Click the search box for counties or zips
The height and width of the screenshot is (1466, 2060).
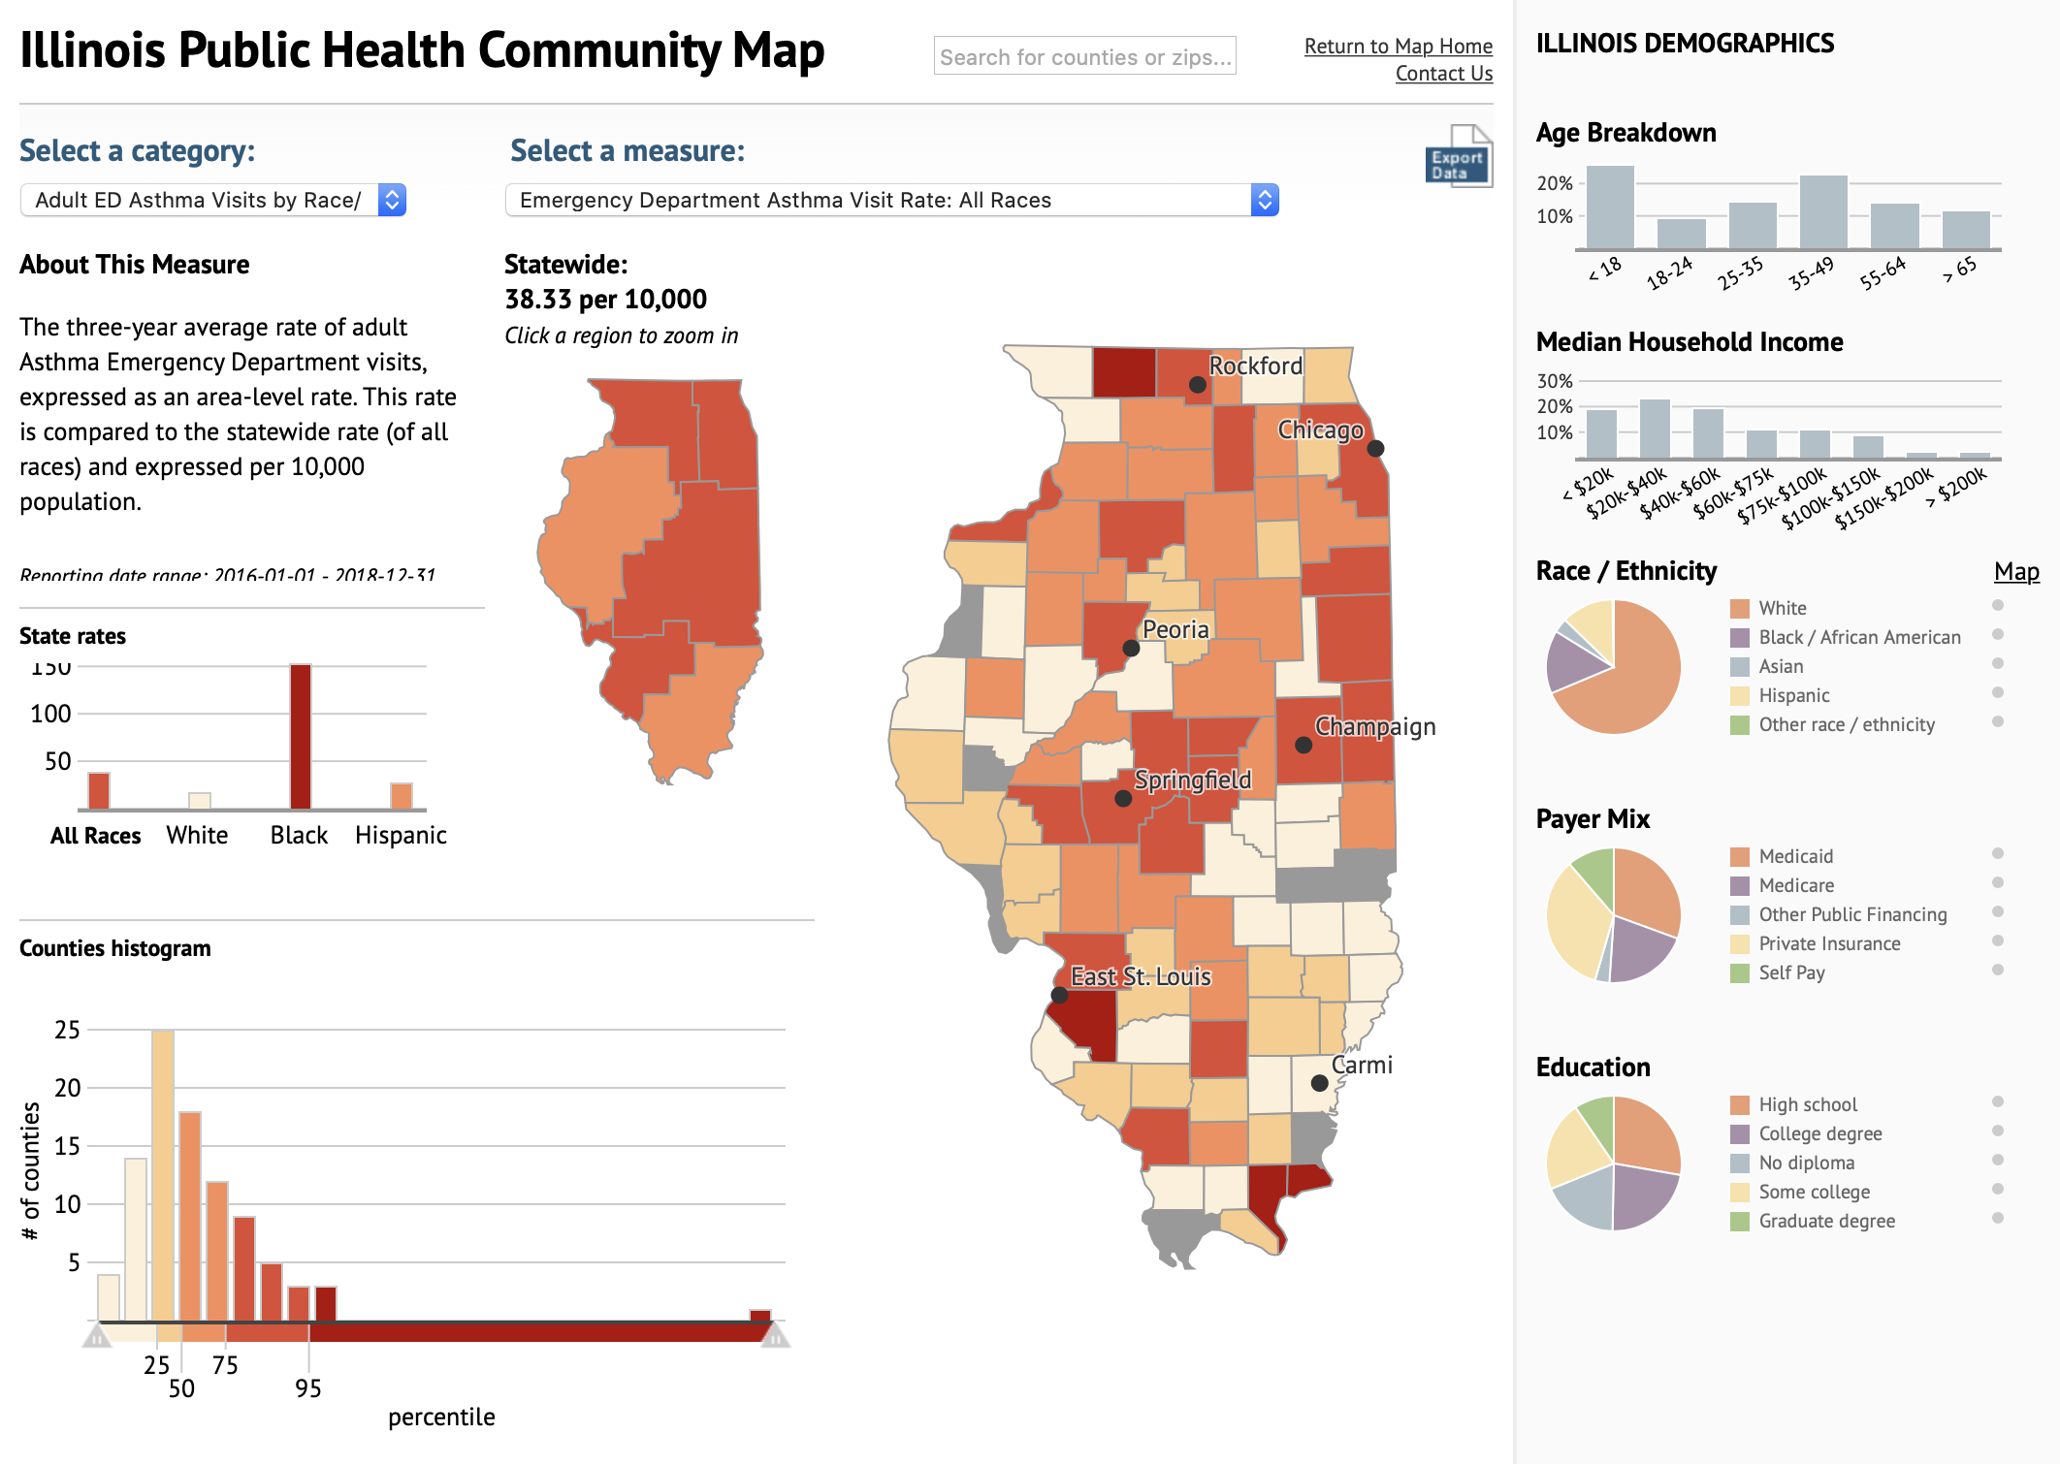[1083, 56]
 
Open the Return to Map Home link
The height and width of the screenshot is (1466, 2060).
[1398, 46]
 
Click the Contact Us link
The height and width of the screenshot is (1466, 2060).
[1443, 74]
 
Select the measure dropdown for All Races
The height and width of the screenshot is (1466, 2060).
[891, 200]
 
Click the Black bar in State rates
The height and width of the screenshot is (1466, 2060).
[301, 737]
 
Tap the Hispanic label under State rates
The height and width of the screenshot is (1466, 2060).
[401, 836]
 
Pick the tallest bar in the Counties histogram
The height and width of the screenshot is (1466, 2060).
[163, 1173]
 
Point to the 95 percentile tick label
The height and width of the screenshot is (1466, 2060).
[307, 1388]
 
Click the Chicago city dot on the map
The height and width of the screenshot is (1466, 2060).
[1375, 448]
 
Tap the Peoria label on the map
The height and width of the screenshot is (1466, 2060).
[1175, 629]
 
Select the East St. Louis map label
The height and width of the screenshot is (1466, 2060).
[1141, 976]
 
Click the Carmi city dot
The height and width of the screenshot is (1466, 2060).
[1319, 1082]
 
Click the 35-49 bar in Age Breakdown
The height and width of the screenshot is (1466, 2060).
[1822, 213]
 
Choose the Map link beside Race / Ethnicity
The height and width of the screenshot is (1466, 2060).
[2016, 572]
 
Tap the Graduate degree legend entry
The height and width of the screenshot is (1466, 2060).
[1825, 1221]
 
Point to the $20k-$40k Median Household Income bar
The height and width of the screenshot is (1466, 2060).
[1655, 429]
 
